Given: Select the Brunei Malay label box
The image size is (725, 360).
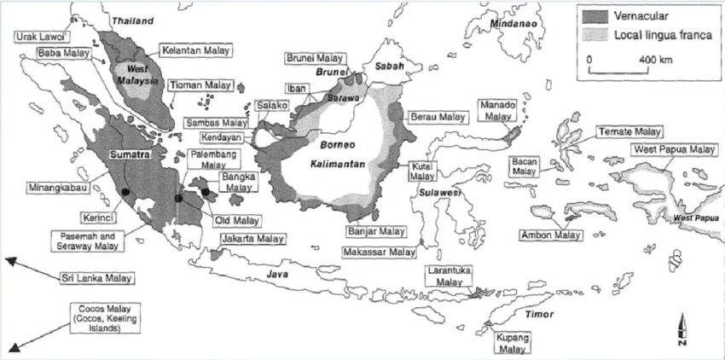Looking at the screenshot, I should [x=315, y=58].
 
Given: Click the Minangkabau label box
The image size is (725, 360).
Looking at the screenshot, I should [x=49, y=183].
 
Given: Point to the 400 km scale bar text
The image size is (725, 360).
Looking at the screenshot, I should [x=656, y=61].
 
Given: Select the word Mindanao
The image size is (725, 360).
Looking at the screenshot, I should [x=512, y=24].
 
